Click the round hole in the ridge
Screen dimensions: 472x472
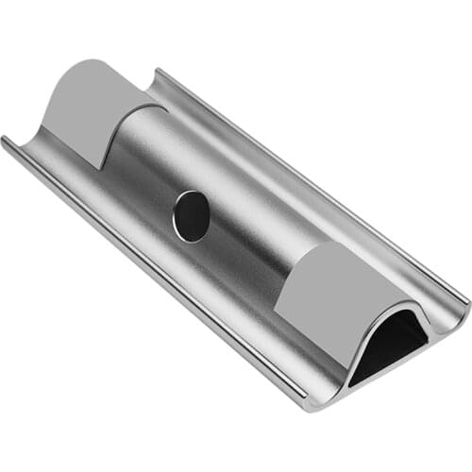(x=192, y=216)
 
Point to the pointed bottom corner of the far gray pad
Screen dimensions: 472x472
(x=99, y=168)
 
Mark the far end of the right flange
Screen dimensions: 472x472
(x=157, y=72)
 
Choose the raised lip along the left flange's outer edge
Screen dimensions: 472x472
(x=142, y=274)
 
